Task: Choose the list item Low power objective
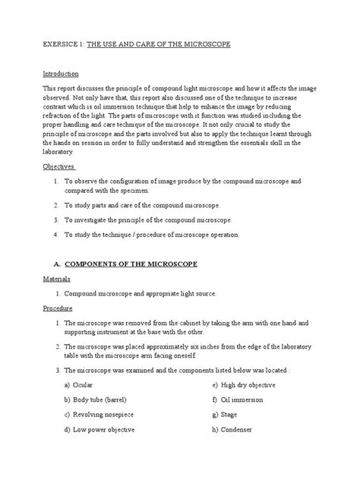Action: (103, 429)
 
